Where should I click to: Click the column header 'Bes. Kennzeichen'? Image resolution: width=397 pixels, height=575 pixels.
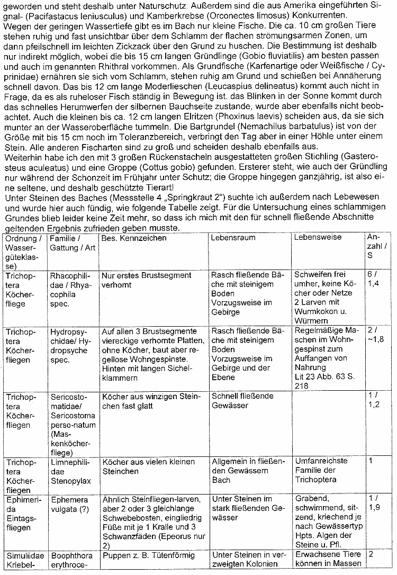(134, 238)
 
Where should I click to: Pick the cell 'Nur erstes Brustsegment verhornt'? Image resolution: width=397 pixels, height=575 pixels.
(147, 280)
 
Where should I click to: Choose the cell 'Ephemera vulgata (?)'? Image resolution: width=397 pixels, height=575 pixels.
(71, 504)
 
